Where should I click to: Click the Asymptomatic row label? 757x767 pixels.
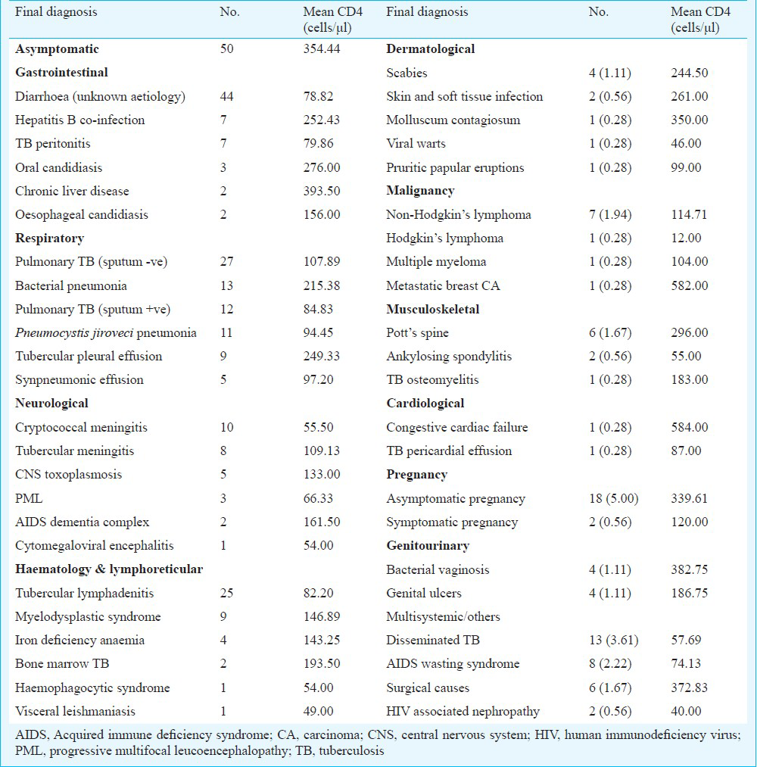[57, 49]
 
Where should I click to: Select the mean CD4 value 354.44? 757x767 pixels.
[321, 49]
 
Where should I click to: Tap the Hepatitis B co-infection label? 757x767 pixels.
[79, 120]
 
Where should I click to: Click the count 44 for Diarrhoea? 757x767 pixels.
[226, 96]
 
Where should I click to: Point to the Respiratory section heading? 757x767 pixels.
[49, 239]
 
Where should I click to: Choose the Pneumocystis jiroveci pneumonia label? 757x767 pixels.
[106, 333]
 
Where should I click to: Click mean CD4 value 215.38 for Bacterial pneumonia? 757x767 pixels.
[321, 285]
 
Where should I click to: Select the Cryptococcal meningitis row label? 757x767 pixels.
[81, 428]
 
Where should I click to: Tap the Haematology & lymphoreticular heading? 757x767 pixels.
[109, 569]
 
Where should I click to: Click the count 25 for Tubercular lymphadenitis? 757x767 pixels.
[226, 594]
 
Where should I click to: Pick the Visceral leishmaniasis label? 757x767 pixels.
[75, 711]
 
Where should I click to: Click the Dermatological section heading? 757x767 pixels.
[430, 49]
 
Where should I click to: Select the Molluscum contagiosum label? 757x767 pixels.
[453, 120]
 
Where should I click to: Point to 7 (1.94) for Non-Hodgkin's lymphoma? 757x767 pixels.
[610, 215]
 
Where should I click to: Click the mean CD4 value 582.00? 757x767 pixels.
[690, 285]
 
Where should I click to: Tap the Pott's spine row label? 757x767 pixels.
[418, 333]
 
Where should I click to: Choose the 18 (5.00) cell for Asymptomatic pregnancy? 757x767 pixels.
[614, 498]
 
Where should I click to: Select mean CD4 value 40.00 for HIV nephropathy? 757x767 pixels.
[686, 711]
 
